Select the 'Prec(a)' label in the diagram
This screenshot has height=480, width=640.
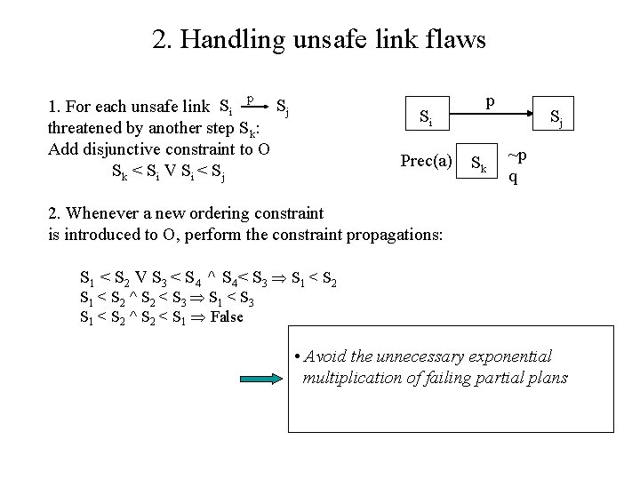(x=427, y=161)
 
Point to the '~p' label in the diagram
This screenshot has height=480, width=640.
(x=516, y=156)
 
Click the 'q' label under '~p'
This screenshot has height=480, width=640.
(x=513, y=176)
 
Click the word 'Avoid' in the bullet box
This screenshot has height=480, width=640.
(x=323, y=356)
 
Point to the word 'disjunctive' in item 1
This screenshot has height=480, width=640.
(x=114, y=148)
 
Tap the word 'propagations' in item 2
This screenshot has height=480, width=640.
(x=396, y=235)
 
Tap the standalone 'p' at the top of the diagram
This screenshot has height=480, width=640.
(x=491, y=103)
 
